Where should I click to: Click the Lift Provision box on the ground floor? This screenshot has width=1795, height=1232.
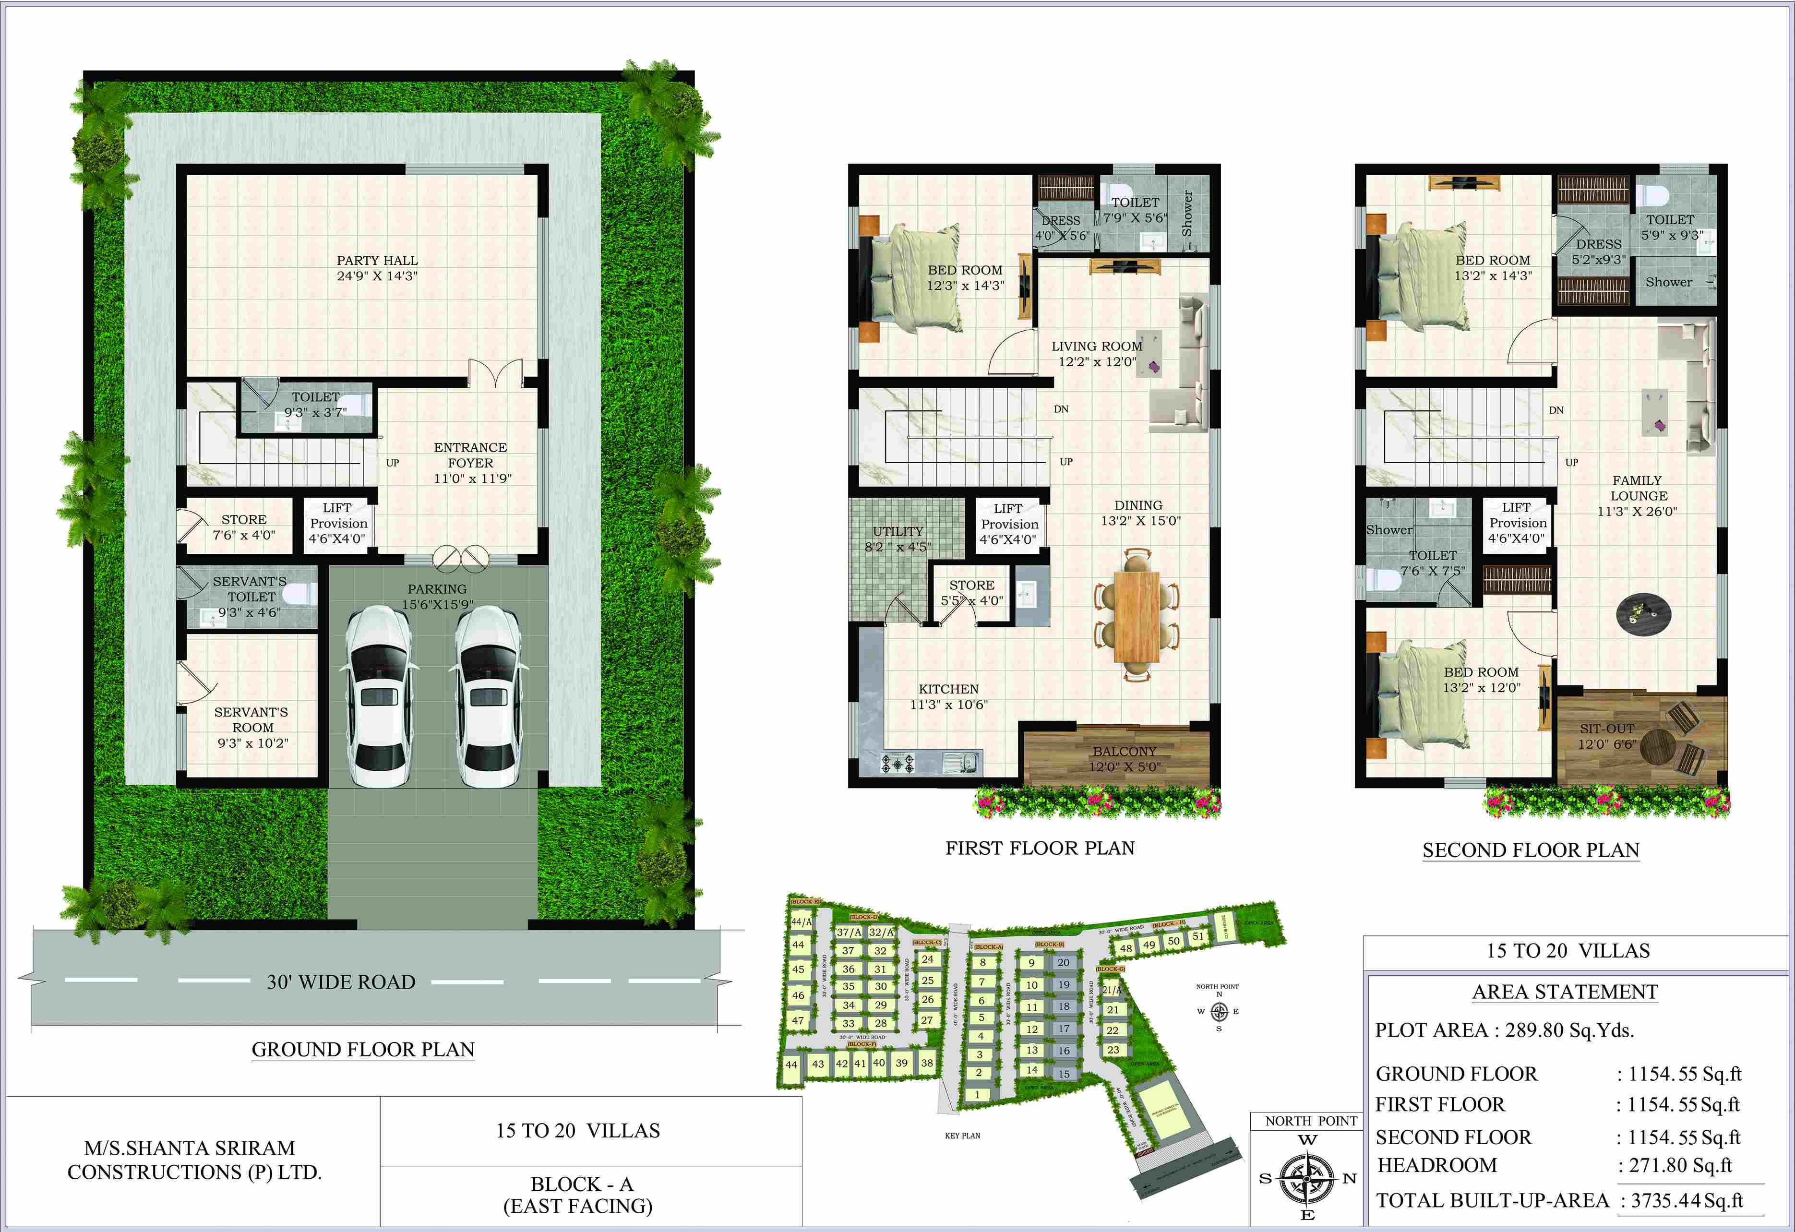click(x=337, y=523)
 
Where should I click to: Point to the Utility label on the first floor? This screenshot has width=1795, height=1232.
click(x=897, y=531)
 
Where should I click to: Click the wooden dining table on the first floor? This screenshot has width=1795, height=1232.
click(x=1137, y=616)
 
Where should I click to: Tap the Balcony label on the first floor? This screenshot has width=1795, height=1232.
click(x=1125, y=752)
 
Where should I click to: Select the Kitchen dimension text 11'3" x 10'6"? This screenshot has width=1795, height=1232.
click(x=948, y=705)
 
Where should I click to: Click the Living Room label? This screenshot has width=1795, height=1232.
click(x=1097, y=346)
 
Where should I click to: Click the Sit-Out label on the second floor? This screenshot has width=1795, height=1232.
click(x=1606, y=729)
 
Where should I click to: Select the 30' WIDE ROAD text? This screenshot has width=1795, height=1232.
click(x=341, y=982)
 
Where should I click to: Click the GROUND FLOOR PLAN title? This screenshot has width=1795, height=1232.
click(x=363, y=1050)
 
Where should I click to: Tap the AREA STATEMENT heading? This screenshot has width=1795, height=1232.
click(x=1565, y=992)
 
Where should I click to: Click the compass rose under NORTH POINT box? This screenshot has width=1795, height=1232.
click(x=1307, y=1178)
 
